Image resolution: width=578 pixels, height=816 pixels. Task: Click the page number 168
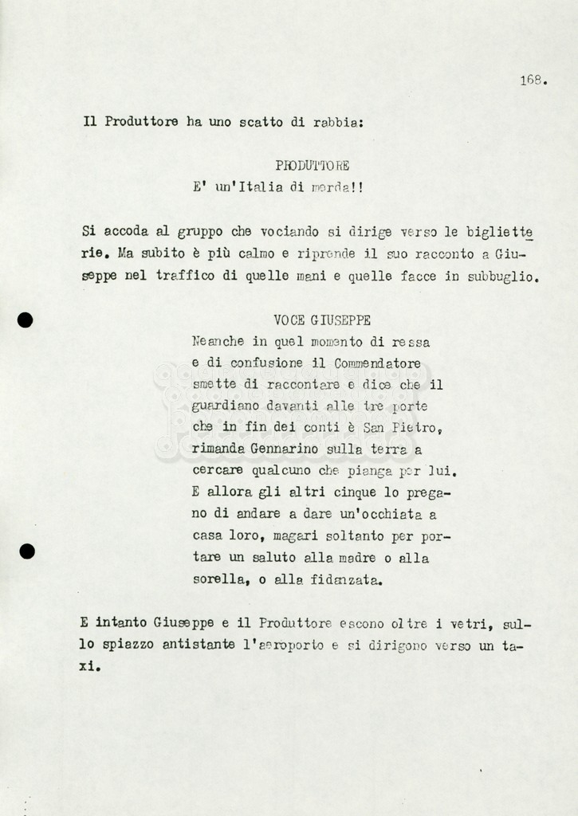click(533, 80)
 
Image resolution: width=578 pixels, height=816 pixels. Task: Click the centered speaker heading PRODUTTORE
click(312, 166)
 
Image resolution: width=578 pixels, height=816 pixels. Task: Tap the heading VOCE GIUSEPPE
click(321, 320)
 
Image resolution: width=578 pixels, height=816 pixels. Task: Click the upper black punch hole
click(26, 320)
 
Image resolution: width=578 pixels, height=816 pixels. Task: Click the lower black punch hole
click(27, 551)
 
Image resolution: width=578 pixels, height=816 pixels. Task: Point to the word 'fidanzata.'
click(347, 580)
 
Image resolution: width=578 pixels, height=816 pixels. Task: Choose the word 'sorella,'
click(219, 580)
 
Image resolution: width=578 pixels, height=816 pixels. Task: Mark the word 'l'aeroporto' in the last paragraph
click(283, 645)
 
